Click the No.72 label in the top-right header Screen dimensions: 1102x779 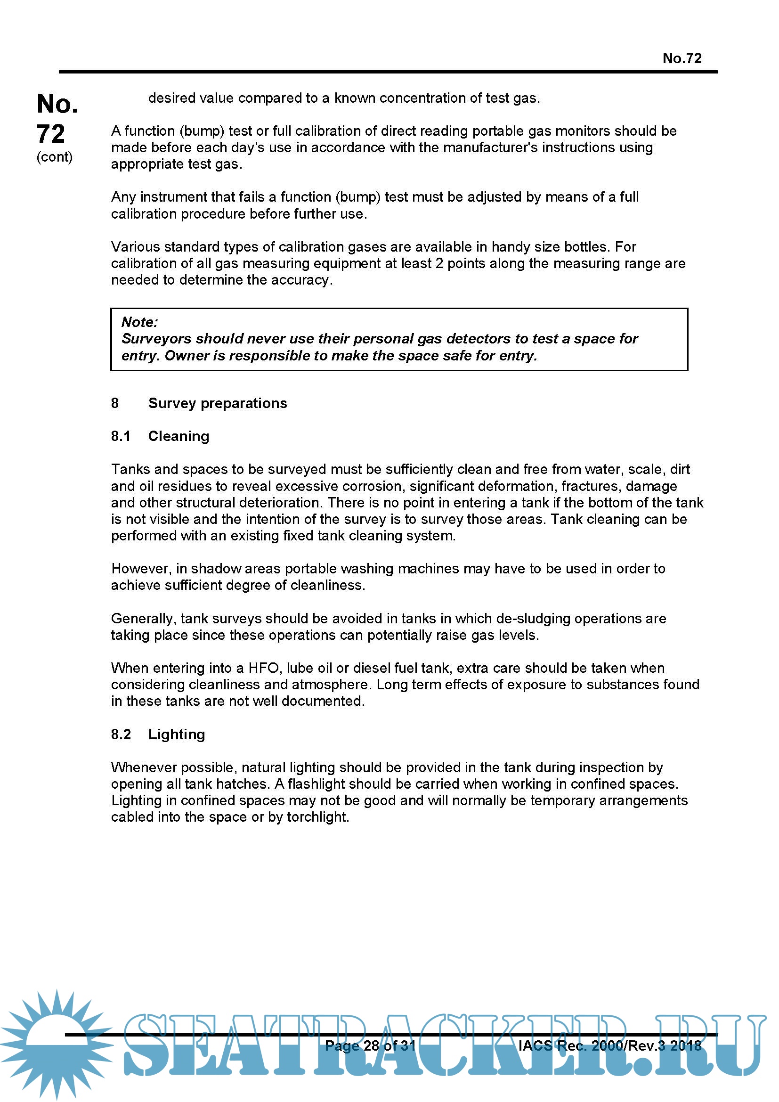(682, 58)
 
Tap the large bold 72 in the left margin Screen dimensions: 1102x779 (51, 133)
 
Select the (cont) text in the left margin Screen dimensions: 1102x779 (54, 157)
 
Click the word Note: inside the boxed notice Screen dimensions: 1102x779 (139, 322)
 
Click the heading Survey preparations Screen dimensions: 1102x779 (217, 403)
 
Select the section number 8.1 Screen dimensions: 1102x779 (121, 436)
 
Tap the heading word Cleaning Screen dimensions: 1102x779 (179, 436)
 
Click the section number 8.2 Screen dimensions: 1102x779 (121, 734)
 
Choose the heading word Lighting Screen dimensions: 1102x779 (177, 734)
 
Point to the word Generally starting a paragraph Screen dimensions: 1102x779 (144, 618)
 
